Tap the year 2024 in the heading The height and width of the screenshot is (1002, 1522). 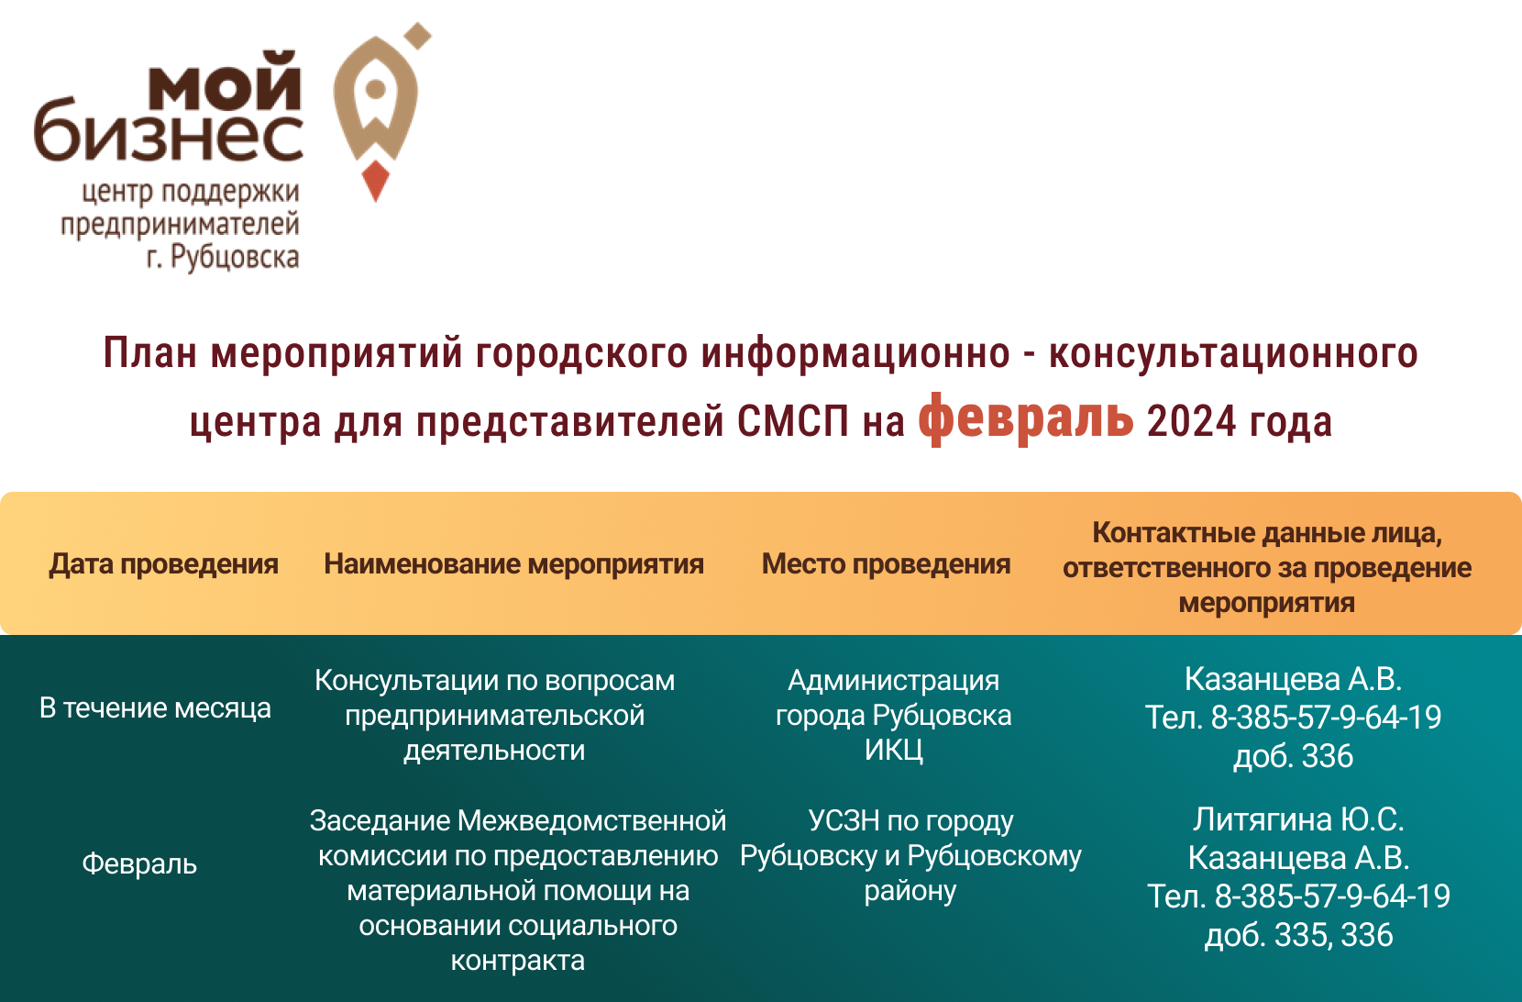(x=1191, y=421)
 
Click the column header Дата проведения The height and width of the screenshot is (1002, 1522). (x=164, y=565)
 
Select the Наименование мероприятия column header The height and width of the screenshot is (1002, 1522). (x=513, y=565)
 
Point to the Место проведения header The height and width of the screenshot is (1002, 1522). (x=886, y=565)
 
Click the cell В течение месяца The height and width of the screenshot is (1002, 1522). (x=155, y=708)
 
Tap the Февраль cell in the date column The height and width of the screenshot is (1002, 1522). (x=139, y=864)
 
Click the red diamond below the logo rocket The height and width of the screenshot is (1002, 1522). (x=375, y=181)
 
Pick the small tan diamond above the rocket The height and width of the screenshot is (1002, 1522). (x=418, y=36)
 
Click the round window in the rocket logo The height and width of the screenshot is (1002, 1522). (x=376, y=88)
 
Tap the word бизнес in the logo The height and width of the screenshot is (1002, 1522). (x=169, y=132)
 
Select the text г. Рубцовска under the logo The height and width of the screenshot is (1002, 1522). (x=223, y=257)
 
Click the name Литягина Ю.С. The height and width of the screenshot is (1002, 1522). (x=1298, y=819)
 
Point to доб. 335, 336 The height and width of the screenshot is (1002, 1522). (x=1298, y=935)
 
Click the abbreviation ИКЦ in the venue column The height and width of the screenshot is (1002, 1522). (x=894, y=751)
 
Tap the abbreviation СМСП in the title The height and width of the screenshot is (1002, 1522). (x=793, y=421)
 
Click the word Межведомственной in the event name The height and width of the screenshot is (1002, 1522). (x=591, y=821)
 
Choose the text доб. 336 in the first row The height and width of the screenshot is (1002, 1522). (x=1293, y=757)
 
